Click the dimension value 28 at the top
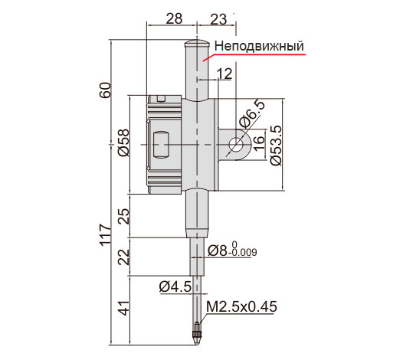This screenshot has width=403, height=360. coord(174,18)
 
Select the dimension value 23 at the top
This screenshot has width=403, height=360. coord(218,19)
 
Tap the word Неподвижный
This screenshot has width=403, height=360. coord(259,46)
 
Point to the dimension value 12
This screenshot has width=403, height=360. coord(224,74)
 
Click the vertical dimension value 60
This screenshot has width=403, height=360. coord(106,90)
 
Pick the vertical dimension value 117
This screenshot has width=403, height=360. coord(106,235)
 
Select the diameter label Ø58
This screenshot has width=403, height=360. coord(123,142)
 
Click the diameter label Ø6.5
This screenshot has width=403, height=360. coord(252,114)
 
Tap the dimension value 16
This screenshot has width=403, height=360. coord(260,142)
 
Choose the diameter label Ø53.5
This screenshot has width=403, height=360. coord(277,146)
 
